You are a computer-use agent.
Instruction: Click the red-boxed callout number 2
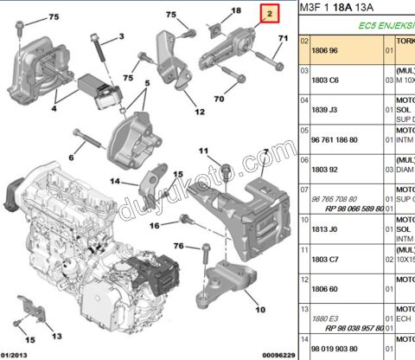click(269, 14)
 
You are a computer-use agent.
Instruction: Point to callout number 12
click(199, 112)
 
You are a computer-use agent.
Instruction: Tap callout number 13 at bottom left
click(57, 335)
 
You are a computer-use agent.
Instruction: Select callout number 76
click(179, 246)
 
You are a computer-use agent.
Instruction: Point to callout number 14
click(115, 182)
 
